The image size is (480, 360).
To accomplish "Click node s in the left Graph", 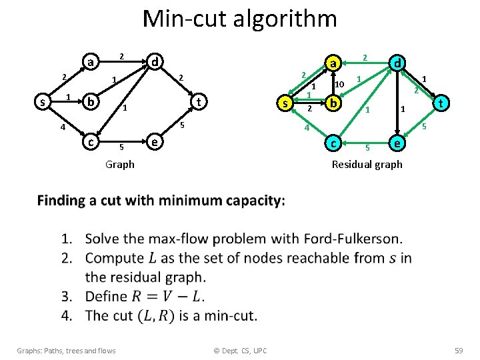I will coord(43,103).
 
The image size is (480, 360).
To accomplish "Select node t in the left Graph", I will coord(198,102).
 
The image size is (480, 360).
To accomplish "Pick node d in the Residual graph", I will coord(398,63).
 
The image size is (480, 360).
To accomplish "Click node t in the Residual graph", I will coord(441,103).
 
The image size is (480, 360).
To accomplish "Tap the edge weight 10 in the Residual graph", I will coord(339,85).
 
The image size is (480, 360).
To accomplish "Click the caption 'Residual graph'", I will coord(367,164).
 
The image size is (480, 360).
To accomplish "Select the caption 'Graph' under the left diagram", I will coord(120,164).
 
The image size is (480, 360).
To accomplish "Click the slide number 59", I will coord(458,351).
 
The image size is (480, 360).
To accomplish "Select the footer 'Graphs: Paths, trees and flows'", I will coord(66,351).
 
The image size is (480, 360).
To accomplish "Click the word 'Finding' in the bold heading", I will coord(62,201).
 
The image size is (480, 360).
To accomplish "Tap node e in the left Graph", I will coord(154,142).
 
